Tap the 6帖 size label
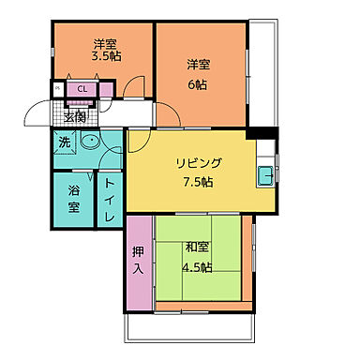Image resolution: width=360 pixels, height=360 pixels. pos(197,80)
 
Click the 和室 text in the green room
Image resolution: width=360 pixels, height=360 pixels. pos(197,247)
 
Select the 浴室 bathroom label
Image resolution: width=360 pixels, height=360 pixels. pos(73,198)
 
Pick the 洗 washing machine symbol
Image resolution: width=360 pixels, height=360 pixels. pos(63,142)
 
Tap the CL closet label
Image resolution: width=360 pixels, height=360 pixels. pos(82,90)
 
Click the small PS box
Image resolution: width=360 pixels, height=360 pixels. pos(57,90)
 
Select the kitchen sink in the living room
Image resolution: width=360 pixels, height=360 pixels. pos(265,173)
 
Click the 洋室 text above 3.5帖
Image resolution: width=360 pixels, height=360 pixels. pos(105,42)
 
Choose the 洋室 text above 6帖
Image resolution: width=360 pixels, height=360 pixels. pos(197,65)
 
